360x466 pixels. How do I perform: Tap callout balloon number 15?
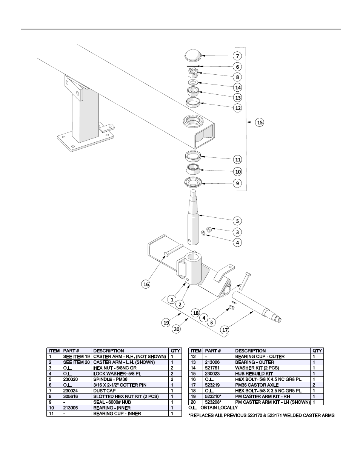point(260,122)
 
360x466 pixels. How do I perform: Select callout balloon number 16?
point(146,284)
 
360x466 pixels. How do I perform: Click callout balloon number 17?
point(225,330)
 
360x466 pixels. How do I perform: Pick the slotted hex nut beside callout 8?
point(193,73)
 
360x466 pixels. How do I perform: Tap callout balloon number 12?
point(238,108)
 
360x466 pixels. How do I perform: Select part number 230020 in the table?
point(71,379)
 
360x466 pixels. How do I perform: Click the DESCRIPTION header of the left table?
point(109,351)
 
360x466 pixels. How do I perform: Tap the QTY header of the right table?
point(317,351)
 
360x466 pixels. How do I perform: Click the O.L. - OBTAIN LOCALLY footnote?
point(213,408)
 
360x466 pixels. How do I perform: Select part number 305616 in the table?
point(71,396)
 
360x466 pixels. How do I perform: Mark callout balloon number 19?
point(166,323)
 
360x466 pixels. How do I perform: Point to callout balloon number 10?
point(238,172)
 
